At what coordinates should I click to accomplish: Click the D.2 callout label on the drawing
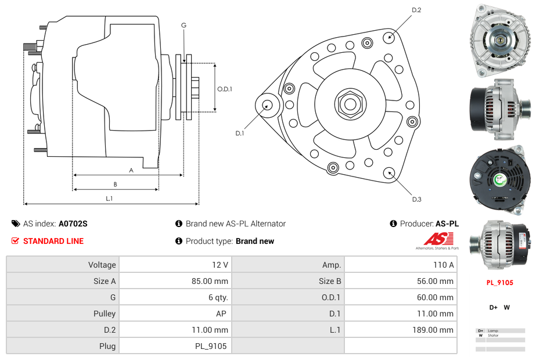416,10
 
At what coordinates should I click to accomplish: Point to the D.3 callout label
416,199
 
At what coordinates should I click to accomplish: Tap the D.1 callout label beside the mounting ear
239,133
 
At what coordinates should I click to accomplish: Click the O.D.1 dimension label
225,89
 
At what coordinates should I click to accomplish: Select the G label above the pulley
184,25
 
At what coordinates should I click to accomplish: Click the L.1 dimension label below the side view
109,198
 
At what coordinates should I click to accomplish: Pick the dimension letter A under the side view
131,170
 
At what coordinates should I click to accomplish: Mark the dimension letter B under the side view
116,184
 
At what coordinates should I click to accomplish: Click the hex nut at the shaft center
350,105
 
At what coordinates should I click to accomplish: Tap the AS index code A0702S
73,224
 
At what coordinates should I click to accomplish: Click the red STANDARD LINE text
53,241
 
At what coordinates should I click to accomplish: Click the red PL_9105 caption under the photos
499,283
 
